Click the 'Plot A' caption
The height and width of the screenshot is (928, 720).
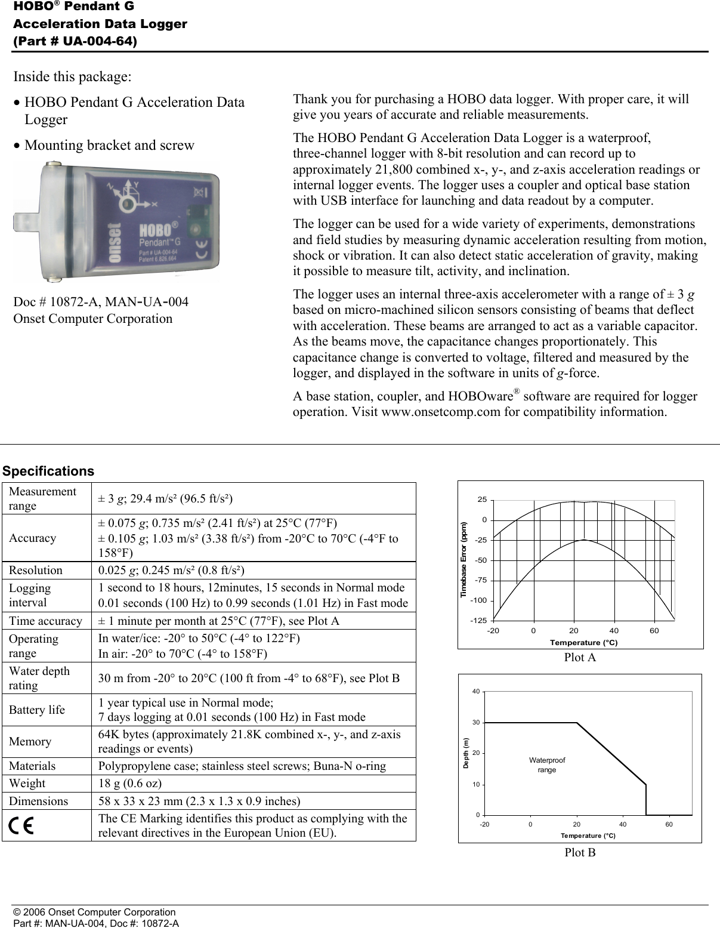(580, 658)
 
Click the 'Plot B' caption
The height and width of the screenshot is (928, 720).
(580, 852)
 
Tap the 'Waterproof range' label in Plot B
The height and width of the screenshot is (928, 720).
(547, 765)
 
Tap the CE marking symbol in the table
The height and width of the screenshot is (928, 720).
(21, 825)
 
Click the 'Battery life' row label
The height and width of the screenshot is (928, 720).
(37, 710)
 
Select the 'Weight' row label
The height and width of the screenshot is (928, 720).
(27, 784)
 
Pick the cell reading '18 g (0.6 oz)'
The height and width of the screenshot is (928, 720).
(130, 784)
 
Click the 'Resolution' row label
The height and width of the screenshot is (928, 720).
(36, 570)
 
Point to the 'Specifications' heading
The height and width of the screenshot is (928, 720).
(48, 471)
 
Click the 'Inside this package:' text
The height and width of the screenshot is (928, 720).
(73, 77)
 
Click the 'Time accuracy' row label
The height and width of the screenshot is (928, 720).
(45, 621)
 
